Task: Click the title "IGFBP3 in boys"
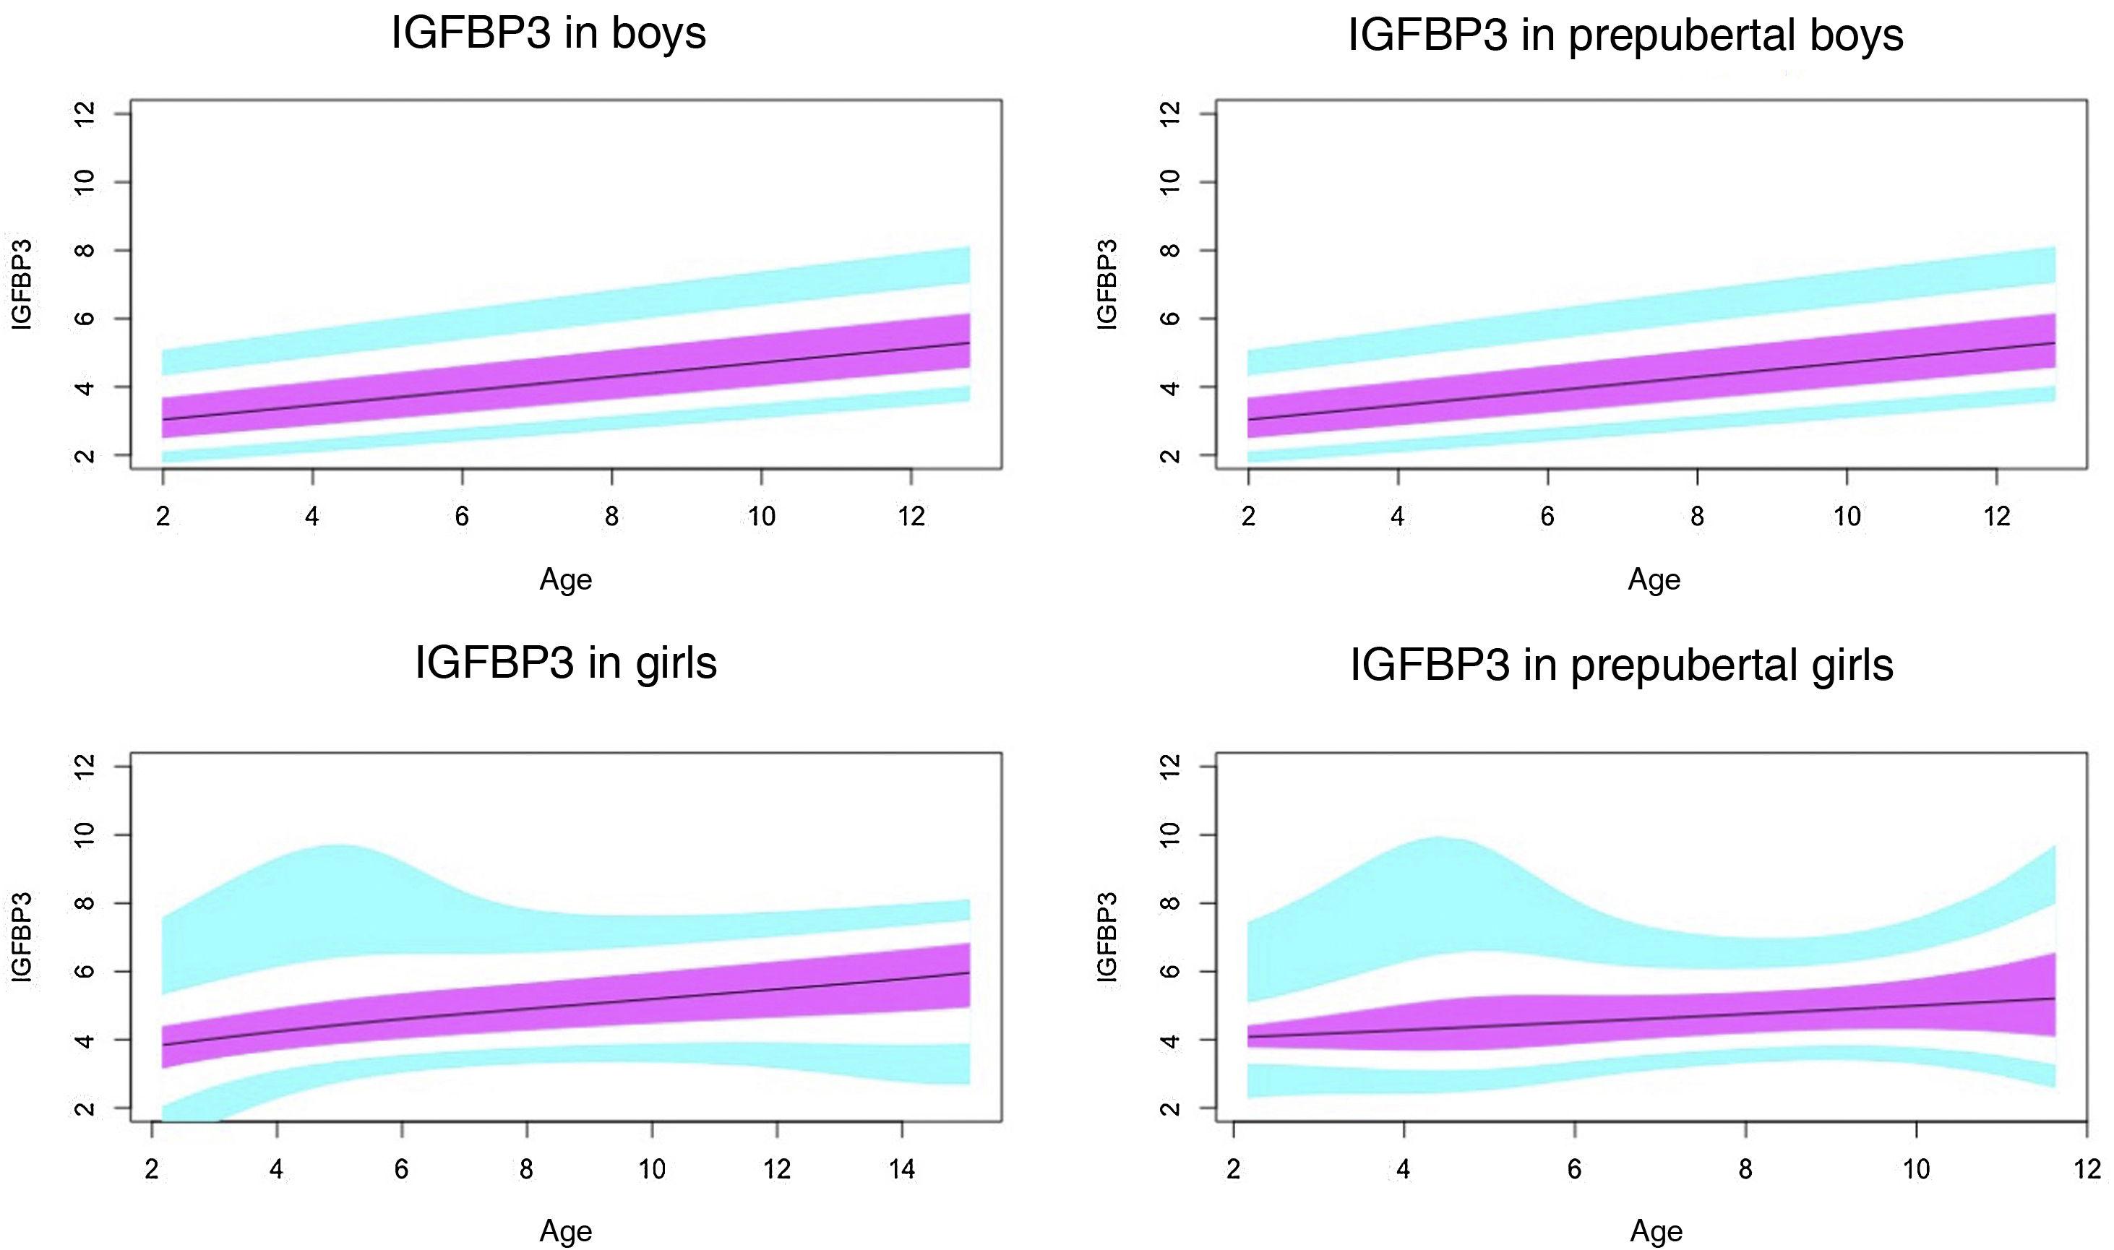coord(549,34)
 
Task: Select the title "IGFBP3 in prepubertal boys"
coord(1625,35)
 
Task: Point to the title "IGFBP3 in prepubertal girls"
coord(1622,665)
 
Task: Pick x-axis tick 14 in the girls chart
coord(901,1169)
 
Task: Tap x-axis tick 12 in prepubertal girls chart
coord(2087,1169)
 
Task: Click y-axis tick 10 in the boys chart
coord(85,182)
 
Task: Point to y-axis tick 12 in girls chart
coord(85,767)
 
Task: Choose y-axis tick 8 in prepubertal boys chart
coord(1169,250)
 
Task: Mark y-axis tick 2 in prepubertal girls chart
coord(1169,1108)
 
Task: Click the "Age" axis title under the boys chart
coord(565,579)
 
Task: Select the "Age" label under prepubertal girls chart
coord(1656,1231)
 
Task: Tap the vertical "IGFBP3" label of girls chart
coord(21,936)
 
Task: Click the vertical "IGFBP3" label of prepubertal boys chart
coord(1107,285)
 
